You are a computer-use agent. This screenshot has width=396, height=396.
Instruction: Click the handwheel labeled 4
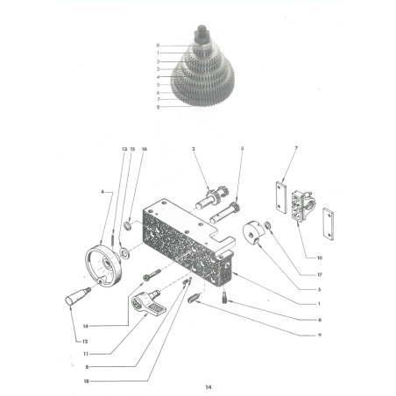(x=103, y=265)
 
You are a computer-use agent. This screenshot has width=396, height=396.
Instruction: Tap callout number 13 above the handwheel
(x=124, y=150)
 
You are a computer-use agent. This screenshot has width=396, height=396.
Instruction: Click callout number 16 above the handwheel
(x=145, y=150)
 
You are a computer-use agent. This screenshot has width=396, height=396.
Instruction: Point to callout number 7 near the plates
(x=297, y=150)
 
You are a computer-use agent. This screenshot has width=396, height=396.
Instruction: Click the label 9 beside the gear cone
(x=158, y=45)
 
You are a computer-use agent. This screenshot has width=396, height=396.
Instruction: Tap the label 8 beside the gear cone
(x=158, y=107)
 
